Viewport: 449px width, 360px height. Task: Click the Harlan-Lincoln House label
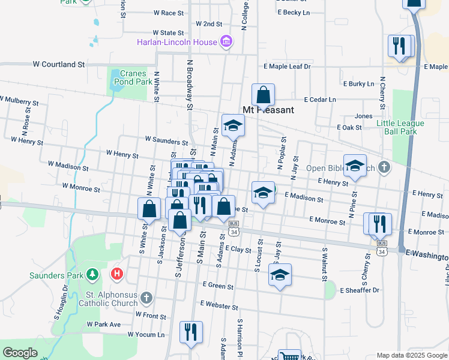click(177, 42)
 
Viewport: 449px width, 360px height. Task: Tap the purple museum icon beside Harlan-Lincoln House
click(226, 41)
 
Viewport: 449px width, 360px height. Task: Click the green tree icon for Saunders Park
click(92, 275)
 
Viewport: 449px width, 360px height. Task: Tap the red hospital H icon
click(118, 275)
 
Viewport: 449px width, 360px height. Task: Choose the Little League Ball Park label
click(400, 127)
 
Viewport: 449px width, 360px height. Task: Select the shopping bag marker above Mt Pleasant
click(263, 95)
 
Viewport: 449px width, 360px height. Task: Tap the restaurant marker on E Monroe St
click(379, 223)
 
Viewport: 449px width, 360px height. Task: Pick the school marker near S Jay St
click(280, 275)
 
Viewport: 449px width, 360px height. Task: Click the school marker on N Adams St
click(234, 125)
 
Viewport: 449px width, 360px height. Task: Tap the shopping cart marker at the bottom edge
click(289, 356)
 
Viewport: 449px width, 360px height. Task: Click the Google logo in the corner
click(20, 353)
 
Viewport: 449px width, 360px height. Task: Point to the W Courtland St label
click(58, 64)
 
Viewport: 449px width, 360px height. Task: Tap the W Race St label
click(169, 13)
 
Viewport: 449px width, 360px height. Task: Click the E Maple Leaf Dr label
click(286, 67)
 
